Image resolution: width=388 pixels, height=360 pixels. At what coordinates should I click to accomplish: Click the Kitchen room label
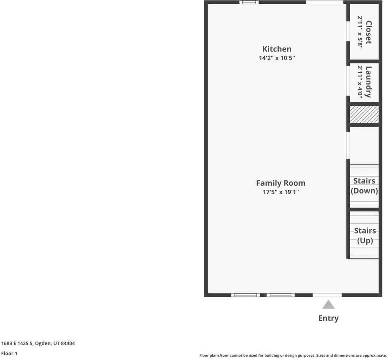277,49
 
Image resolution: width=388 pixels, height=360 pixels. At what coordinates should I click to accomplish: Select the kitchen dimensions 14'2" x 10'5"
277,58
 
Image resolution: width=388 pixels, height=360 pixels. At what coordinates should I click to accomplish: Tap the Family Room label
281,183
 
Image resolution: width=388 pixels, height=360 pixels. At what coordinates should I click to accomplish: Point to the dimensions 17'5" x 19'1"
281,192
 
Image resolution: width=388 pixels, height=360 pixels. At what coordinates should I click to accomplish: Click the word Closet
369,32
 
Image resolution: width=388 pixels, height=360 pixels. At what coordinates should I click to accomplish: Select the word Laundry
369,82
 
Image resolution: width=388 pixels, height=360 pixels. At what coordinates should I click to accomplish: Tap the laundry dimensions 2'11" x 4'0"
360,82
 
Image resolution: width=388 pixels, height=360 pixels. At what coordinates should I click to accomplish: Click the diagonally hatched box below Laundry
364,114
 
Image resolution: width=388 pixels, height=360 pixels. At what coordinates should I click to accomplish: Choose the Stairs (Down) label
364,186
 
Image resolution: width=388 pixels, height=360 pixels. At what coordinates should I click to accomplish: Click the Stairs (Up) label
365,235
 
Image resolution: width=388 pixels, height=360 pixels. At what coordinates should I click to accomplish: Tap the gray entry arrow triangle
328,304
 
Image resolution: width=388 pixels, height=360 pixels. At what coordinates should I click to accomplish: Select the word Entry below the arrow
328,318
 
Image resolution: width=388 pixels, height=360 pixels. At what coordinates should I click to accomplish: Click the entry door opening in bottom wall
327,295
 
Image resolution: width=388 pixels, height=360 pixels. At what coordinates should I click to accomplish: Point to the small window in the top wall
249,2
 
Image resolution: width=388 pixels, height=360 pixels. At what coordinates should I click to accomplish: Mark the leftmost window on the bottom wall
245,295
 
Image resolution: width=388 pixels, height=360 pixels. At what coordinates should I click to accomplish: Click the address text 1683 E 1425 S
38,343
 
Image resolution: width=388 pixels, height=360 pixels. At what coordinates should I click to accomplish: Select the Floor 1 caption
9,353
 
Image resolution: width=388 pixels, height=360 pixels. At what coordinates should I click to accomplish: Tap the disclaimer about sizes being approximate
293,355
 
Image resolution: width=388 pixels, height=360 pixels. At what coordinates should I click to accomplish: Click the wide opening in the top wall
325,2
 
